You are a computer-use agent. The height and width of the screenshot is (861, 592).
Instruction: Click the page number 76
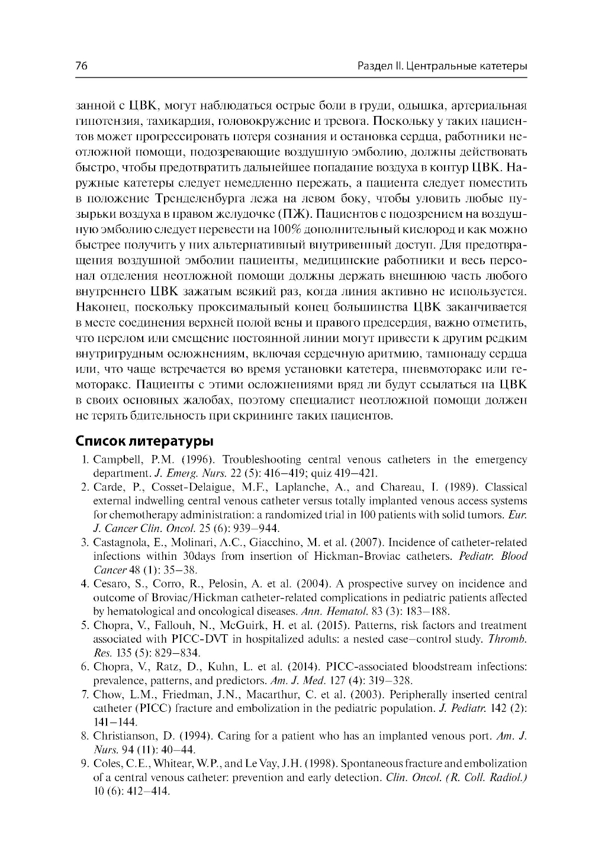click(82, 66)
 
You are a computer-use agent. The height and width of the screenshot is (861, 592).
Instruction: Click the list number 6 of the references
click(85, 667)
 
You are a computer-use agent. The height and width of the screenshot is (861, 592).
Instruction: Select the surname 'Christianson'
click(126, 736)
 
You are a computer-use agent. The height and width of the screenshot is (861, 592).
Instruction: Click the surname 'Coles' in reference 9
click(107, 763)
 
